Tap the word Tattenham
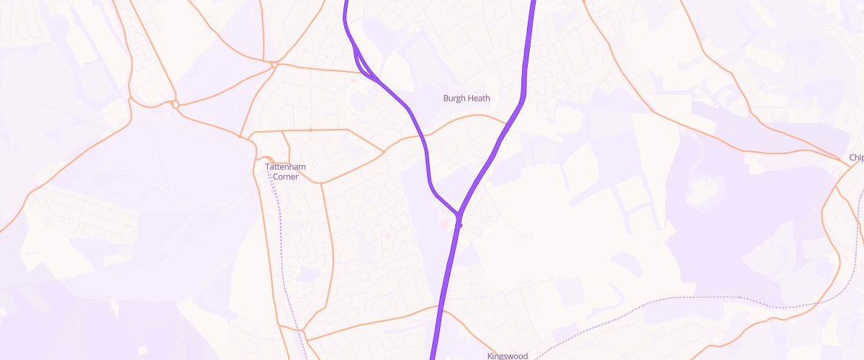tap(287, 167)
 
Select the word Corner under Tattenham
tap(287, 176)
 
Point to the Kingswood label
tap(508, 356)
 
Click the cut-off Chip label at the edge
tap(856, 158)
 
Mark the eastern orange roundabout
tap(275, 65)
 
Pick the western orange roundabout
tap(176, 105)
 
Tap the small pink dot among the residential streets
tap(387, 235)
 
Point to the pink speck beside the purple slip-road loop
tap(353, 78)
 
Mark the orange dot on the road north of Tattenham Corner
tap(310, 130)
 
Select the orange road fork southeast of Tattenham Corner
tap(321, 183)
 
